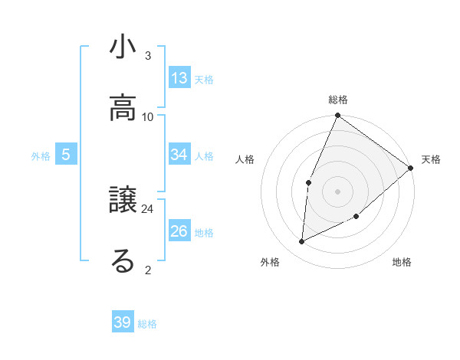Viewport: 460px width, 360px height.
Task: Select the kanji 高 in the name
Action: (123, 109)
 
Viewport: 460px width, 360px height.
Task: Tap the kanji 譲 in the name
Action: (123, 201)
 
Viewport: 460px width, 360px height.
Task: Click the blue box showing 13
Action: (179, 78)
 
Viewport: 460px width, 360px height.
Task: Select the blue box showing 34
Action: (179, 155)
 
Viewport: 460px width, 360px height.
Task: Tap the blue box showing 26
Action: (179, 231)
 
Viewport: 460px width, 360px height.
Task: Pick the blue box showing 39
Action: (123, 322)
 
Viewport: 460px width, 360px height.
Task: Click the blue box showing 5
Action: (66, 155)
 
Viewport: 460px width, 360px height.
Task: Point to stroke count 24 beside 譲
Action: (148, 208)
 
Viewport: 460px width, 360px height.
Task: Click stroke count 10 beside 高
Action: (148, 116)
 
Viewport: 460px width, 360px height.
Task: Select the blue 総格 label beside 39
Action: (147, 324)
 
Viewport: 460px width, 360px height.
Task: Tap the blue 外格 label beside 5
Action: (41, 156)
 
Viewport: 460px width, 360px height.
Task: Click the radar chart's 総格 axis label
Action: (338, 100)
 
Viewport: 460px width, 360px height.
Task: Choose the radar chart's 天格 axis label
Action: (431, 159)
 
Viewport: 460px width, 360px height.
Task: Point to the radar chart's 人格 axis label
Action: (245, 159)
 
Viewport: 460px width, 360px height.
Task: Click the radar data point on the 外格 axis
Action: (302, 242)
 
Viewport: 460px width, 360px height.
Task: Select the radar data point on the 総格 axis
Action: (337, 116)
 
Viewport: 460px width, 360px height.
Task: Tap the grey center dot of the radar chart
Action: (337, 190)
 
